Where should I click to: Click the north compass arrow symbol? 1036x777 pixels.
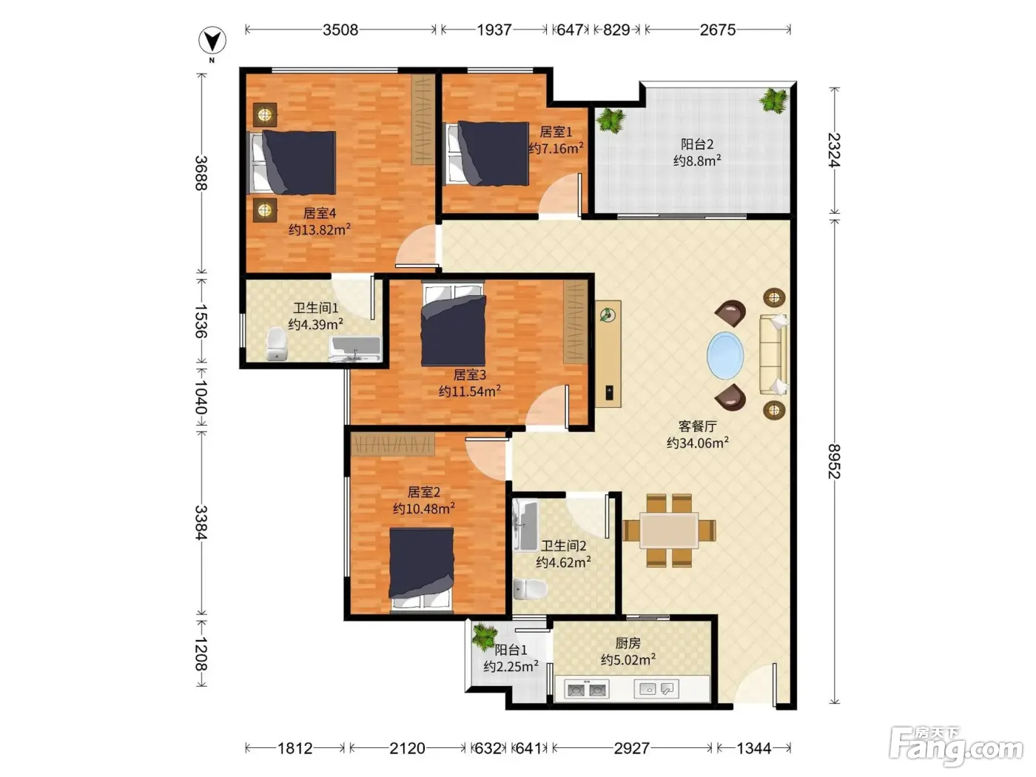tap(212, 41)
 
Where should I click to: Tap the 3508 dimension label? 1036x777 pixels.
tap(340, 30)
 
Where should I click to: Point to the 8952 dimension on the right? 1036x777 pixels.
tap(835, 461)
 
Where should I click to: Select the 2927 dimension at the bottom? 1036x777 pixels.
tap(631, 747)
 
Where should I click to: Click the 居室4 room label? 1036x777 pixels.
tap(320, 213)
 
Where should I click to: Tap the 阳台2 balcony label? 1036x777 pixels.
tap(696, 144)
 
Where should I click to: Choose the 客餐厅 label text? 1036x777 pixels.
tap(697, 426)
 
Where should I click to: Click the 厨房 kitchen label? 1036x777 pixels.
tap(628, 643)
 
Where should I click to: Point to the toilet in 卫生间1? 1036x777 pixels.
tap(277, 344)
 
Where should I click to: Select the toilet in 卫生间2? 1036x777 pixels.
tap(530, 588)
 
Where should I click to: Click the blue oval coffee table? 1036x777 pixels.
tap(725, 355)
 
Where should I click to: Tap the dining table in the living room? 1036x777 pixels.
tap(669, 531)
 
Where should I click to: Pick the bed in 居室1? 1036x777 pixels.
tap(487, 153)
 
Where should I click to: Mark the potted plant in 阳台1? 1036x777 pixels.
tap(484, 635)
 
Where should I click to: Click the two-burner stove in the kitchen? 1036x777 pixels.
tap(587, 690)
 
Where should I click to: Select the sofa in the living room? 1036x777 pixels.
tap(773, 354)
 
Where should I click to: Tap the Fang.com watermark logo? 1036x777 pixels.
tap(956, 745)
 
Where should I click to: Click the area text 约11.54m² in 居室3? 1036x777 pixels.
tap(470, 391)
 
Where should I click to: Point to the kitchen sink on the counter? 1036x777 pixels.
tap(656, 689)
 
